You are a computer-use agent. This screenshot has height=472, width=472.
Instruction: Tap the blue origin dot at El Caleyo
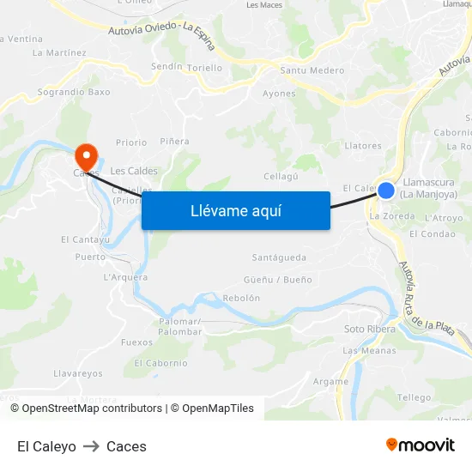(386, 190)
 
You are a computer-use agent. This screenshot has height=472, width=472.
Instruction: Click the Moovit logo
(421, 445)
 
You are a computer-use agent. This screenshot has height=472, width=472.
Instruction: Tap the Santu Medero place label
(312, 71)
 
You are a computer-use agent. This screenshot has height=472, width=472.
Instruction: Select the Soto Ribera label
(370, 329)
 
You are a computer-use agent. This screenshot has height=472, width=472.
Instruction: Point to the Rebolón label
(241, 298)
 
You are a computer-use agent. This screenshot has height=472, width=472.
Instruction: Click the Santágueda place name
(279, 257)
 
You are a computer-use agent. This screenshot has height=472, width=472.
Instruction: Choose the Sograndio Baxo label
(74, 91)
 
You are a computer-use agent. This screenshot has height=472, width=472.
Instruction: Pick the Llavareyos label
(78, 373)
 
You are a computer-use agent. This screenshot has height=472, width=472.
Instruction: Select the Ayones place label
(279, 94)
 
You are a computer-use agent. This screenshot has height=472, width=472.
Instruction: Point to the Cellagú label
(281, 176)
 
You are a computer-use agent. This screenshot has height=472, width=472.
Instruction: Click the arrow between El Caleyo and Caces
(91, 446)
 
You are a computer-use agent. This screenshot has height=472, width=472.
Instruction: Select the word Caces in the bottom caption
(126, 446)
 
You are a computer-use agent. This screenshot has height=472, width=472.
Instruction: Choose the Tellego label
(415, 397)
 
